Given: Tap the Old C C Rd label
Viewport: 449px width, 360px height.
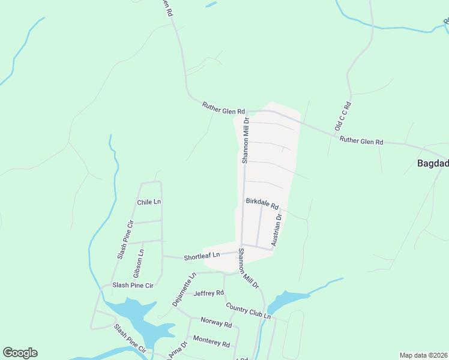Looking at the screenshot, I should coord(342,117).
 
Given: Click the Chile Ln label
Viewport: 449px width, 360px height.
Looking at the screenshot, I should coord(149,202).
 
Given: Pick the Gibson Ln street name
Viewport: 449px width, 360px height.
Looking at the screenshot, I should coord(141,260).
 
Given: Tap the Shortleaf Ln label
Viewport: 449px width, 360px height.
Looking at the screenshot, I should coord(202,255).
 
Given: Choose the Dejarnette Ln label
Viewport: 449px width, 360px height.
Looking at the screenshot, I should coord(185,290).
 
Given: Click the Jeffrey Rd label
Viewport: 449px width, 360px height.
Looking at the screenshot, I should coord(208,293).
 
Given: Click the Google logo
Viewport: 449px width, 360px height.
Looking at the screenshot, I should coord(20,353).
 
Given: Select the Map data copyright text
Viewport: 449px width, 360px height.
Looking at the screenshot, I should coord(423,355).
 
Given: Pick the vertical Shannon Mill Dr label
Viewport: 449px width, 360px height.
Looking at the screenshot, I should coord(246,140).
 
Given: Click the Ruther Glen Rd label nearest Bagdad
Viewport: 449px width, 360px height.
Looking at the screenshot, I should coord(361,142).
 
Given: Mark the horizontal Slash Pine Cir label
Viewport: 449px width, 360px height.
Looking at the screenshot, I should coord(133,285).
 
